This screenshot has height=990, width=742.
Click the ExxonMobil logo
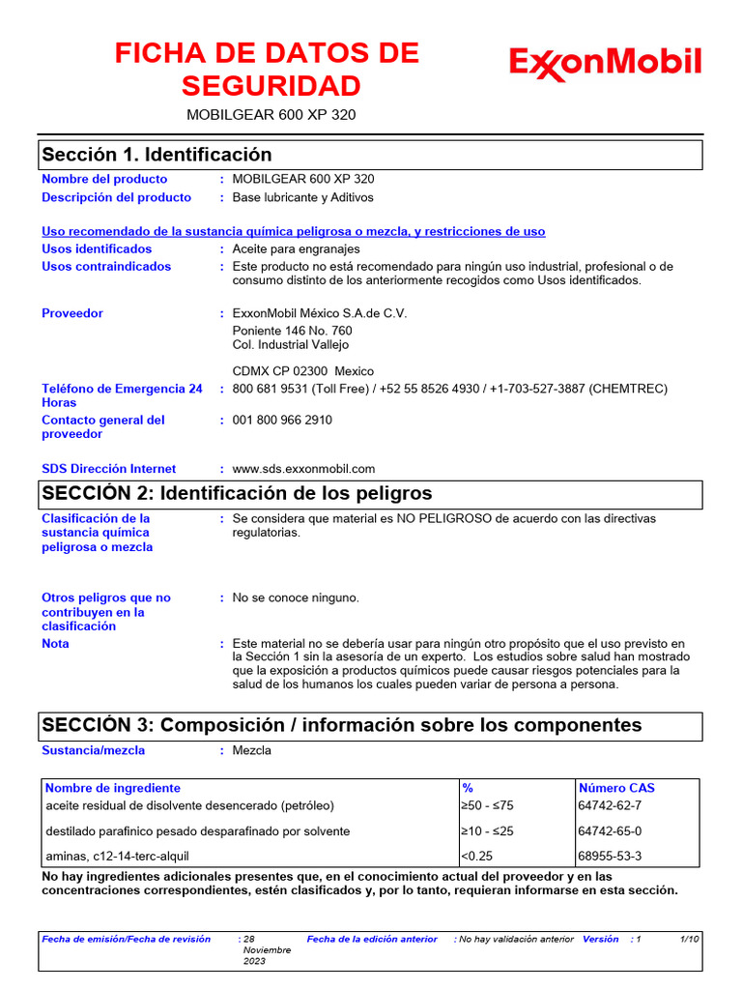(x=605, y=64)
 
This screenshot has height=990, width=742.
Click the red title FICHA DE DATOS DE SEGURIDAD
(x=267, y=70)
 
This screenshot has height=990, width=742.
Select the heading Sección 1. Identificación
(x=157, y=155)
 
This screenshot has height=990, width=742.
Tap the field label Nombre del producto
(x=104, y=179)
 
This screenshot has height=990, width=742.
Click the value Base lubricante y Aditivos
(x=302, y=197)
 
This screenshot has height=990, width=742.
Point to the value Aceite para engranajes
(x=295, y=248)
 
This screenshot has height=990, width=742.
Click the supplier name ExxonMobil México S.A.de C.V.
(x=320, y=313)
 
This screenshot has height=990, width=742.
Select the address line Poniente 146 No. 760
(x=292, y=331)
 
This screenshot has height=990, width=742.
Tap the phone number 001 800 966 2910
(x=282, y=421)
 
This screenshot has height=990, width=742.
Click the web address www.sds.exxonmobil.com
(x=303, y=469)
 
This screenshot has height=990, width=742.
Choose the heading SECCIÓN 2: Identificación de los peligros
(x=237, y=494)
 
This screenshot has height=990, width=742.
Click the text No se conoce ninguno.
(x=296, y=597)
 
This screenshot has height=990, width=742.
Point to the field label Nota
(x=55, y=644)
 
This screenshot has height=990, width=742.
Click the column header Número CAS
(x=615, y=788)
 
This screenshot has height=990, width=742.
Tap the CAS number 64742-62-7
(x=609, y=805)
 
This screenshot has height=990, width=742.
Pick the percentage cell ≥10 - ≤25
(x=487, y=831)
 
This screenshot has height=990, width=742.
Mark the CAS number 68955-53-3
(x=609, y=856)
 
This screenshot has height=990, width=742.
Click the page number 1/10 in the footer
(x=690, y=939)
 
